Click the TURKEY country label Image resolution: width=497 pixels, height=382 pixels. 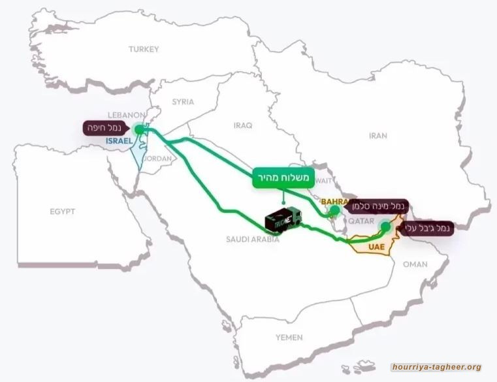144,49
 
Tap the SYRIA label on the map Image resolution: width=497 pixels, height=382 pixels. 184,102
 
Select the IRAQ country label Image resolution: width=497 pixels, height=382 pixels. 242,123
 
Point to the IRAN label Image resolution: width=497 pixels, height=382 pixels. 378,136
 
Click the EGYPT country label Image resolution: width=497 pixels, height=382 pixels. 63,212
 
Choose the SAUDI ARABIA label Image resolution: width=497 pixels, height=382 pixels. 253,240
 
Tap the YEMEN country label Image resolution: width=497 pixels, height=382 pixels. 289,337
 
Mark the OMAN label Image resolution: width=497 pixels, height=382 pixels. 415,264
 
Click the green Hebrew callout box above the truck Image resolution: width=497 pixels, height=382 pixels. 282,179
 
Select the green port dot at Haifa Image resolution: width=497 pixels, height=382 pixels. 139,129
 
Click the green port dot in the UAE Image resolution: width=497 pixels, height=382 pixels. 385,227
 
